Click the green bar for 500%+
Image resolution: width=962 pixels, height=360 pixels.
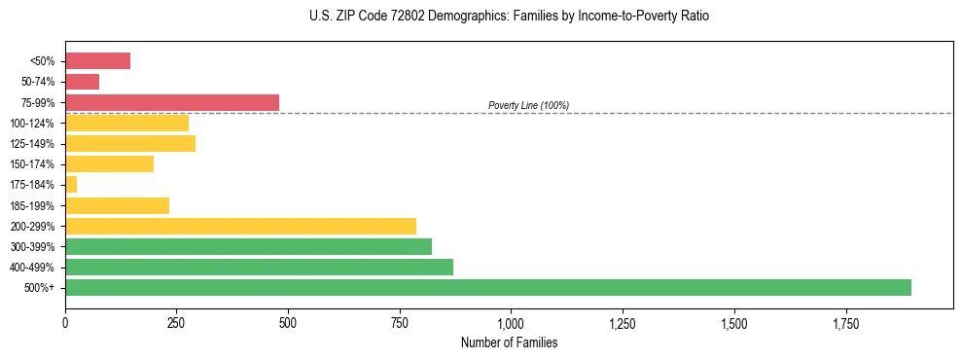click(x=487, y=287)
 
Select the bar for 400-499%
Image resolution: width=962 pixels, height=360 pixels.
click(x=259, y=267)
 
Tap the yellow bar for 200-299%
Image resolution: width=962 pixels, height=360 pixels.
click(x=240, y=226)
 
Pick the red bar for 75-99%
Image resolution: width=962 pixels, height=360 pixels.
click(x=172, y=102)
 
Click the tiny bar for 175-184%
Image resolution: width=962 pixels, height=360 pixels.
click(x=71, y=184)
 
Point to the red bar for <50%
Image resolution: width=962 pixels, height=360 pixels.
click(x=97, y=61)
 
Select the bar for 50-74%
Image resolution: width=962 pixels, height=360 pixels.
click(x=82, y=82)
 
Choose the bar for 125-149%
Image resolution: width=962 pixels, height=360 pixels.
click(x=130, y=143)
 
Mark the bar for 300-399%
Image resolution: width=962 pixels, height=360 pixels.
click(x=248, y=246)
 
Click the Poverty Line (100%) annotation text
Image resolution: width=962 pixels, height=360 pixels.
click(x=528, y=105)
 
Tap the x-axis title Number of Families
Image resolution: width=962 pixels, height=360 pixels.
click(x=509, y=342)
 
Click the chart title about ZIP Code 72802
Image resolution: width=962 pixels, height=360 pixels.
click(x=509, y=17)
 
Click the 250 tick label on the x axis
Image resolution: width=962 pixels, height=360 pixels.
click(x=176, y=323)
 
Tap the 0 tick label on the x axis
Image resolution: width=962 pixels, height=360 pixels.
click(x=65, y=323)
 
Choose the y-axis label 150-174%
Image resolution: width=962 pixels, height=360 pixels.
click(x=32, y=164)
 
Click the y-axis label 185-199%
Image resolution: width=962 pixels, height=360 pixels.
click(x=32, y=205)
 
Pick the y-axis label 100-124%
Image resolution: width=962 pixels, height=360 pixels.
click(x=32, y=124)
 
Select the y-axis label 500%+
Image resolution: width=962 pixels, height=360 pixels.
click(x=40, y=288)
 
